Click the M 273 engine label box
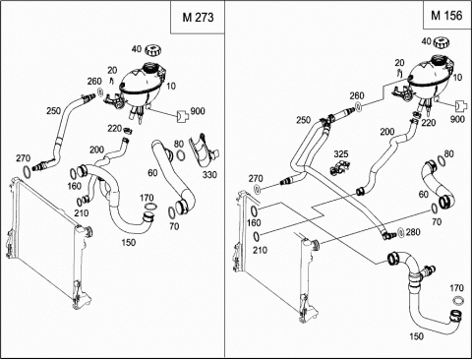click(x=198, y=17)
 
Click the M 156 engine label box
click(x=446, y=15)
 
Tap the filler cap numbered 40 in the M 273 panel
click(x=153, y=50)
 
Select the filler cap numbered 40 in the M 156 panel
click(x=442, y=42)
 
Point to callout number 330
click(x=209, y=175)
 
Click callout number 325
click(x=341, y=153)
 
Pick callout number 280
click(x=413, y=232)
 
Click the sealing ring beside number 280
click(x=400, y=232)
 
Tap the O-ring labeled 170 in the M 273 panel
click(x=150, y=207)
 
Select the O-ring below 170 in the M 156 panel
click(x=458, y=300)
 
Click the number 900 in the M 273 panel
click(x=198, y=111)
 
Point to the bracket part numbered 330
click(x=204, y=150)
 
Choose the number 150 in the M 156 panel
click(x=416, y=336)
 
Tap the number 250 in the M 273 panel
click(x=53, y=111)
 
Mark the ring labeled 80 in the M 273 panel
click(x=180, y=155)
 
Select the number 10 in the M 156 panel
click(x=457, y=78)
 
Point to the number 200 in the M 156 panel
click(x=387, y=132)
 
